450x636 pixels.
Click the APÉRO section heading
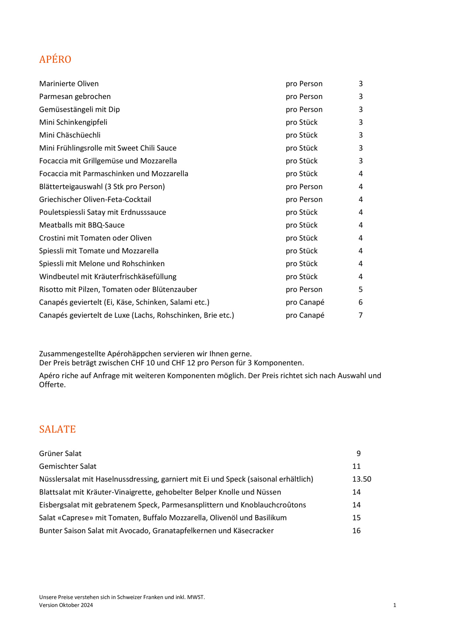55,59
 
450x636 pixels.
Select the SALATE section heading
57,429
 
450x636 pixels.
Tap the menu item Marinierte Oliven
69,84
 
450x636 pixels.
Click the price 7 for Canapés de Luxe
361,315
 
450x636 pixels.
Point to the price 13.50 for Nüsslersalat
362,479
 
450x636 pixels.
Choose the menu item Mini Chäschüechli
70,135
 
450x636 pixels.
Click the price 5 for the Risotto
361,290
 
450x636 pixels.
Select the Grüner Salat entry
60,453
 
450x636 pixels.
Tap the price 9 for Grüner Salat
358,453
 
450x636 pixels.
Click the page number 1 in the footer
394,605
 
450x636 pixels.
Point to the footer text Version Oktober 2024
66,605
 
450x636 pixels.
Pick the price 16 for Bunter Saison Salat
357,531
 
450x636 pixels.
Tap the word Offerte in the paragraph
52,385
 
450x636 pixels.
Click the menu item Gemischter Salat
68,466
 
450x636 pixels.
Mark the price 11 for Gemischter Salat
357,466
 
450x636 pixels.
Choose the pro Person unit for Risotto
304,290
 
